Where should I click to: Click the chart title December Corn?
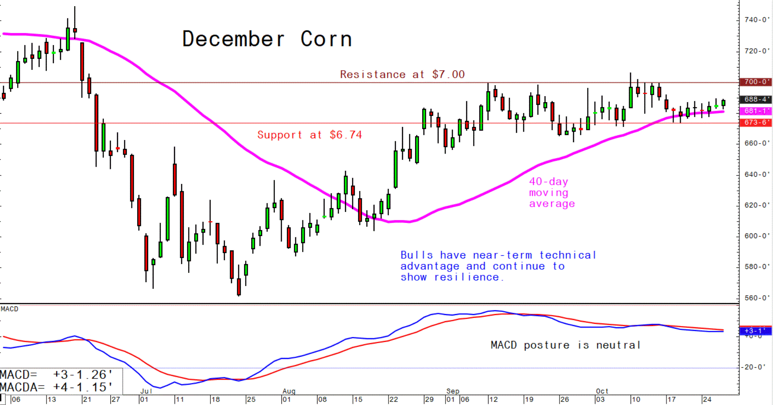pos(267,39)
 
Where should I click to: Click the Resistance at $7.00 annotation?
pos(402,75)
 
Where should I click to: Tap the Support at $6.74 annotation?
pos(310,135)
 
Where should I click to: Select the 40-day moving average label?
pos(551,193)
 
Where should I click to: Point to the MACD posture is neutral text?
pos(565,345)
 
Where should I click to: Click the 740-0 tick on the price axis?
pos(756,20)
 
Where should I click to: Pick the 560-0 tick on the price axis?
pos(756,298)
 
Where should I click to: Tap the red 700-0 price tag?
pos(755,82)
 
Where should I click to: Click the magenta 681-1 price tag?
pos(755,111)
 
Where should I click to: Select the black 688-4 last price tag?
pos(755,100)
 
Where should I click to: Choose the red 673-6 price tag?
pos(755,122)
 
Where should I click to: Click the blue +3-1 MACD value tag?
pos(755,331)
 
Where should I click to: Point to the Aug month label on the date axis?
pos(289,391)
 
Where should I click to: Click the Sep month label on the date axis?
pos(453,391)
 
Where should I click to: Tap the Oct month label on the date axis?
pos(602,391)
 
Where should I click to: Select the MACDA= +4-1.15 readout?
pos(56,387)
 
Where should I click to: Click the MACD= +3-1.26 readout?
pos(56,375)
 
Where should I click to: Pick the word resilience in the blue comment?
pos(467,277)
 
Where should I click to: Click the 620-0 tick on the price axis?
pos(756,205)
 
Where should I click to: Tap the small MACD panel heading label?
pos(10,309)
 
